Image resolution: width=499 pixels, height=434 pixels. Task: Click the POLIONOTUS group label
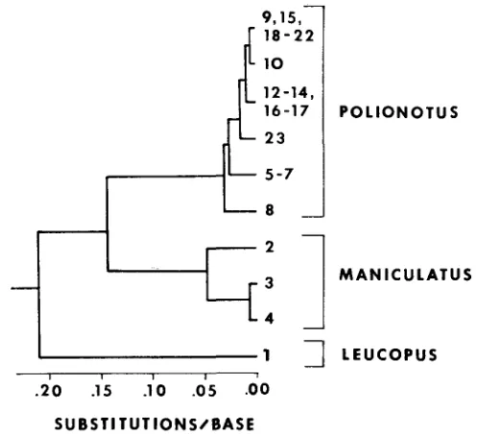[399, 112]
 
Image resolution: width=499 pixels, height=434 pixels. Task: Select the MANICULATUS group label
[406, 275]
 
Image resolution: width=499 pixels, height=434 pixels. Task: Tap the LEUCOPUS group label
[390, 354]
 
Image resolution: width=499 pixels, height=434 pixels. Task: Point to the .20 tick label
[48, 391]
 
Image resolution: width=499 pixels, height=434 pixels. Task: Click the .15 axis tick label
[102, 391]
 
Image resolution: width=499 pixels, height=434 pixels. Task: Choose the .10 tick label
[154, 391]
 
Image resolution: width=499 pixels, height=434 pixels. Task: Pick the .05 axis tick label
[204, 391]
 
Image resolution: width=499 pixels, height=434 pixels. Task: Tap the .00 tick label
[257, 389]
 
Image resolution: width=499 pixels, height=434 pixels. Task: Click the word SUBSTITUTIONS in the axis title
[126, 424]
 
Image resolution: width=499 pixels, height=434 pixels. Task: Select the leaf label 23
[274, 138]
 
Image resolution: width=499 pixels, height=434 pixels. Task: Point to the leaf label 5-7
[278, 175]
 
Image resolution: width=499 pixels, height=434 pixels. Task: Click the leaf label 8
[270, 210]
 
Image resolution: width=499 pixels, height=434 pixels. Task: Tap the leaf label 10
[273, 63]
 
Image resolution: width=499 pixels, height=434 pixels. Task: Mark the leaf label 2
[270, 247]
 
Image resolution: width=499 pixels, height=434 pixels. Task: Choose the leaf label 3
[270, 283]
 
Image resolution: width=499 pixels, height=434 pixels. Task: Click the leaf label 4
[270, 319]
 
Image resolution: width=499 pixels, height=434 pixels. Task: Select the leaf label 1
[267, 355]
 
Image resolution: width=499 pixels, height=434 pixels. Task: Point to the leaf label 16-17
[286, 110]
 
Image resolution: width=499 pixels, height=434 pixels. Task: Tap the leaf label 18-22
[289, 36]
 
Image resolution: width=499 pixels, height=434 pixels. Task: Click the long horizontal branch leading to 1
[148, 357]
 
